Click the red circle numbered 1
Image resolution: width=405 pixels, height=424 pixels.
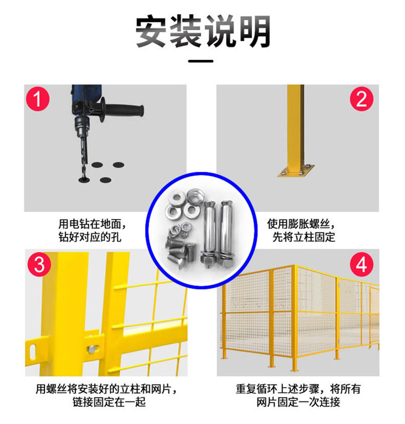click(38, 99)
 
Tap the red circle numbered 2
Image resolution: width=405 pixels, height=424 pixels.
click(361, 99)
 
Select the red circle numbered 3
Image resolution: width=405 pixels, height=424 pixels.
click(39, 264)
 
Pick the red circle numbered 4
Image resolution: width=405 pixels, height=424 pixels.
click(361, 264)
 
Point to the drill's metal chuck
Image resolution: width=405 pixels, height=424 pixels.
click(82, 126)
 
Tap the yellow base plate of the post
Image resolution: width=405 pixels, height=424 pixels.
click(296, 171)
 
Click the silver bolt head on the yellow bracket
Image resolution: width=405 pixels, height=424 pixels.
click(92, 349)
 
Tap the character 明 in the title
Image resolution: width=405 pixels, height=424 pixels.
click(254, 31)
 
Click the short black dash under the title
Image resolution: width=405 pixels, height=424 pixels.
click(201, 61)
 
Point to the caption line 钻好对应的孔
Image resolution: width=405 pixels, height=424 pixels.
click(90, 237)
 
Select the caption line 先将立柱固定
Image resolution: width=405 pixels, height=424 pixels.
click(303, 237)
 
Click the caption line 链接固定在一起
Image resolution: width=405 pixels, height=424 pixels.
click(109, 402)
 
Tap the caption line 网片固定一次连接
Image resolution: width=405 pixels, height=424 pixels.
click(298, 402)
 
